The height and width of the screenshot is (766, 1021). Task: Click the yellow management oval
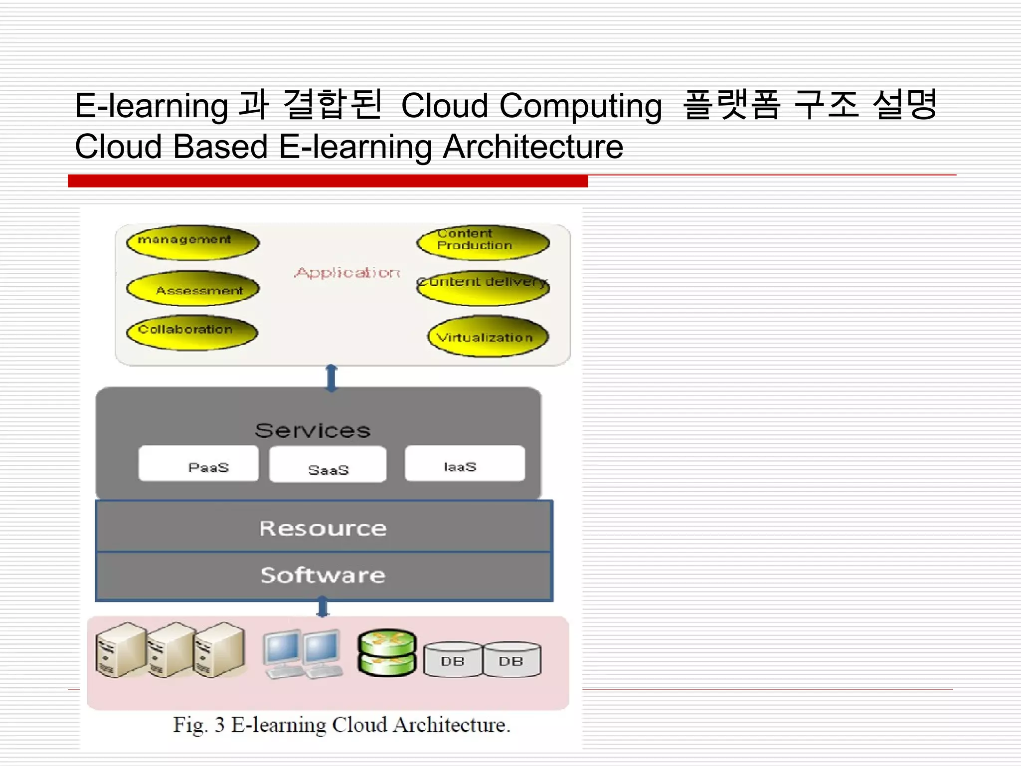pos(192,243)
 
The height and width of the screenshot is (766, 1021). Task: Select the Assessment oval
pos(192,289)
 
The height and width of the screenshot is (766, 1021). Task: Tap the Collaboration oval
pos(192,332)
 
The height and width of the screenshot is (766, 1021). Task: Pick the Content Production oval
pos(483,242)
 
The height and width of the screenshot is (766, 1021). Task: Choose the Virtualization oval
pos(488,337)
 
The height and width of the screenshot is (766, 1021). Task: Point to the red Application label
pos(347,273)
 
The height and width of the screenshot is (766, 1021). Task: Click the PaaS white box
pos(198,464)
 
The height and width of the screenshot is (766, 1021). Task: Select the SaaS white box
pos(328,465)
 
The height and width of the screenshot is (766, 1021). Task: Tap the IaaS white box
pos(465,464)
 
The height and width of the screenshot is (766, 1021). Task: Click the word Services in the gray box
pos(313,430)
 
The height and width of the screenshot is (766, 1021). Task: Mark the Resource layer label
pos(323,528)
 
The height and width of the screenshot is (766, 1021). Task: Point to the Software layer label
pos(323,575)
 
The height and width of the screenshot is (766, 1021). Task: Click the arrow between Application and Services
pos(332,378)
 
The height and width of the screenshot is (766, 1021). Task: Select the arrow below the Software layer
pos(323,608)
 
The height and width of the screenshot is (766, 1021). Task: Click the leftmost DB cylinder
pos(452,659)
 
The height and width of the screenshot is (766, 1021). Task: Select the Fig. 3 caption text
pos(341,725)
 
